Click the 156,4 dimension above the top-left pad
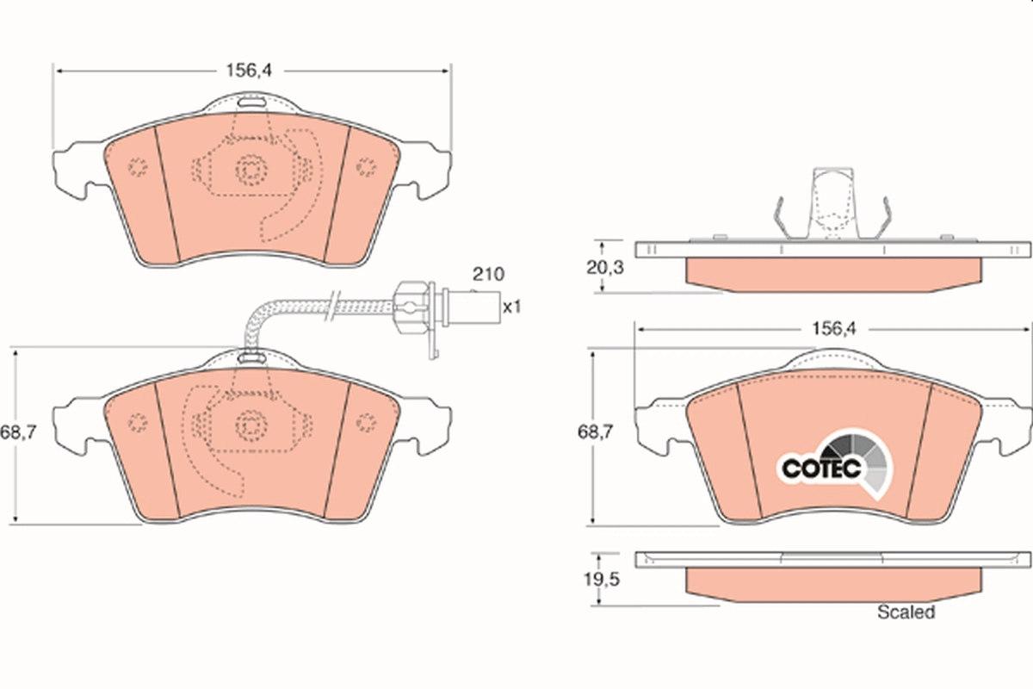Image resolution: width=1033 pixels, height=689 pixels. coord(249,71)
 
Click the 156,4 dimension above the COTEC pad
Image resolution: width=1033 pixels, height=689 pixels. coord(833,329)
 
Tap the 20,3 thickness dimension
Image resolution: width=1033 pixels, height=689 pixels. coord(605,267)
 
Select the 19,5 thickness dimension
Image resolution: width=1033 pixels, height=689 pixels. coord(602,580)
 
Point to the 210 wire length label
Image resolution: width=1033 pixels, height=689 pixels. coord(488,274)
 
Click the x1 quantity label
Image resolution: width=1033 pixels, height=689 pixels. coord(511,307)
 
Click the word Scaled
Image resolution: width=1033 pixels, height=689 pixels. coord(906,612)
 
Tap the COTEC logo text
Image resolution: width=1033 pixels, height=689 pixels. coord(822,469)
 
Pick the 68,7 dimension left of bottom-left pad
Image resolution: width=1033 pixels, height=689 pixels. coord(18,432)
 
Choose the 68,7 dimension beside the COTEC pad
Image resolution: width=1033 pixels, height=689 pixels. coord(596,432)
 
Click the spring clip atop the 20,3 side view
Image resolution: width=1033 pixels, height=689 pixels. coord(832,204)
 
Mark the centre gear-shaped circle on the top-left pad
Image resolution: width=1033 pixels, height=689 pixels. coord(251,171)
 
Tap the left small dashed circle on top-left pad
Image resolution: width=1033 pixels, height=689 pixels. coord(138,166)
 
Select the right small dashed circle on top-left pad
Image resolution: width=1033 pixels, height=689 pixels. coord(366,166)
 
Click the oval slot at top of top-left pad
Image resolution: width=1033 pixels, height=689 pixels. coord(251,102)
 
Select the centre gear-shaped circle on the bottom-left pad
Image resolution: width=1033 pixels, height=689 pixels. coord(251,425)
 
